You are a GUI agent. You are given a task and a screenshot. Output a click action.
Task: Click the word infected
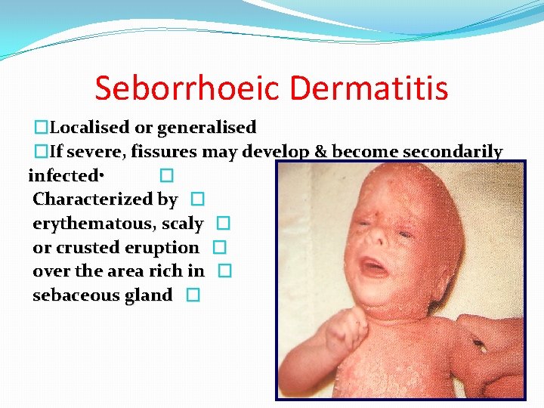(63, 176)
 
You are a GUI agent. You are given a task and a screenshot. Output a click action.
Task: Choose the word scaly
(183, 224)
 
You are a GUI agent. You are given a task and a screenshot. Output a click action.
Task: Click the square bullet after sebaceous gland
(193, 296)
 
